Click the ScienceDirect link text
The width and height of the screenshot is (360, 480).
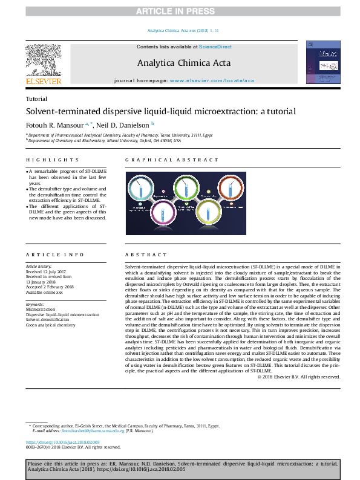215,47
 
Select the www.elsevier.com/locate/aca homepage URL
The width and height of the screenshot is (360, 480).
212,80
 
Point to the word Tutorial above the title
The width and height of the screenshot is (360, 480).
37,99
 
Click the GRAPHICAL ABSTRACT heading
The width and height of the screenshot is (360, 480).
171,160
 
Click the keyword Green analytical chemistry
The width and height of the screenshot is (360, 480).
51,325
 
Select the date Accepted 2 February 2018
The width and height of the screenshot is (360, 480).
50,287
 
